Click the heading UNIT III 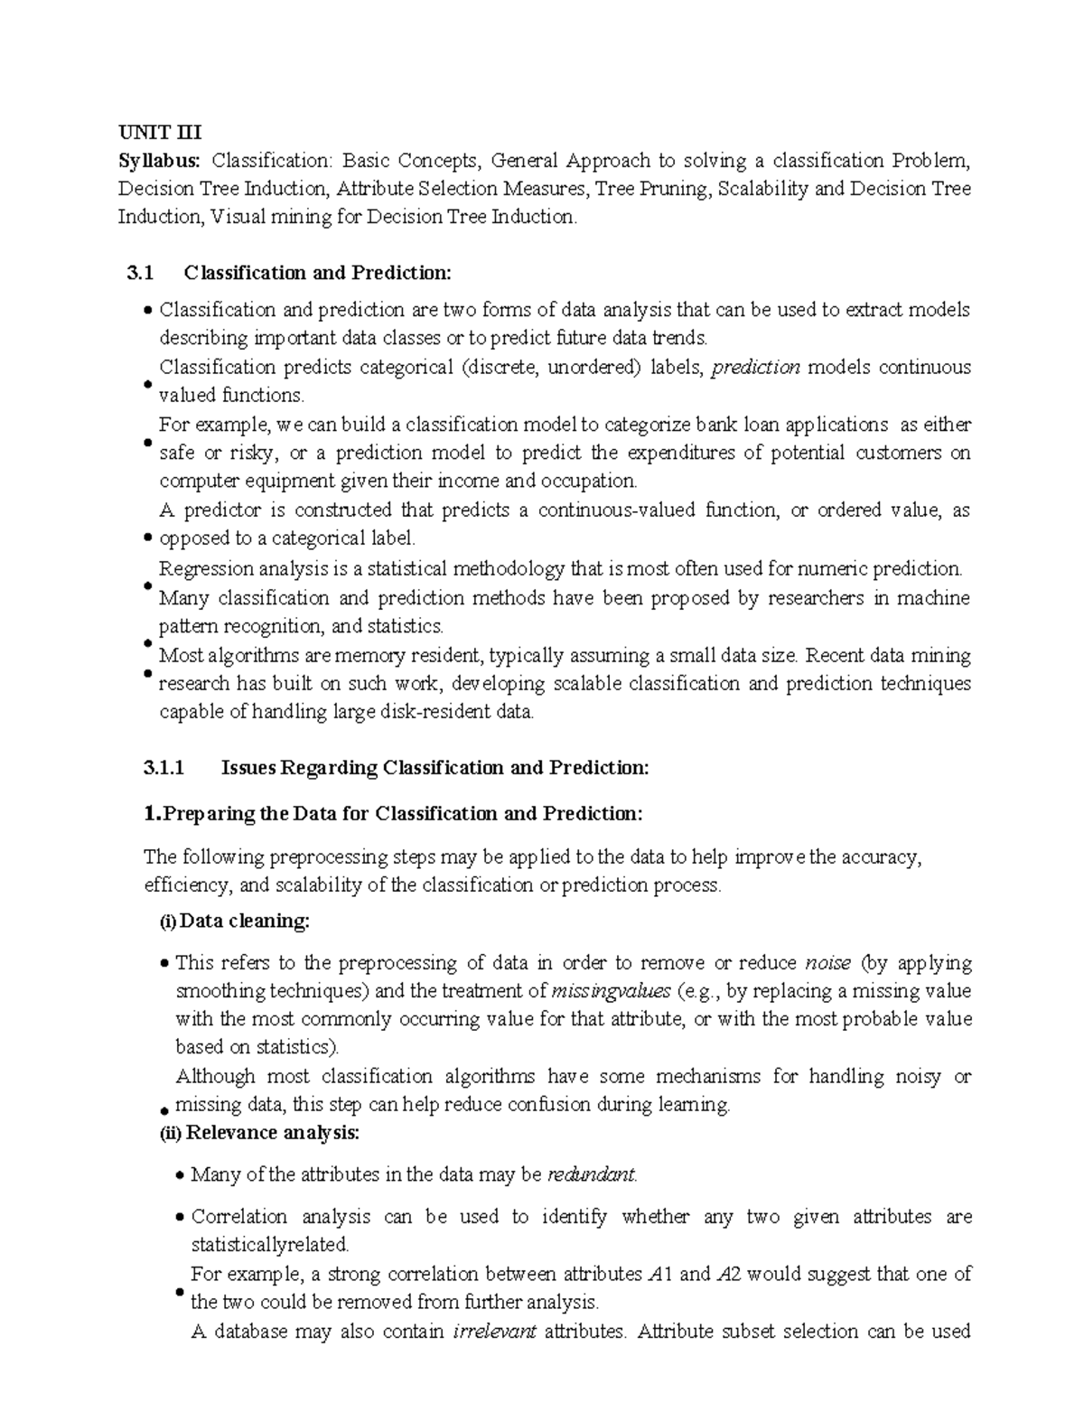[x=160, y=133]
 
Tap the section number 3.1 [x=141, y=273]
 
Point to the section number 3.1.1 [x=164, y=768]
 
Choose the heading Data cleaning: [x=245, y=921]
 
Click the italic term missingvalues [x=611, y=991]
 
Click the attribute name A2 [x=729, y=1275]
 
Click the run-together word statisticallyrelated [x=269, y=1245]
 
